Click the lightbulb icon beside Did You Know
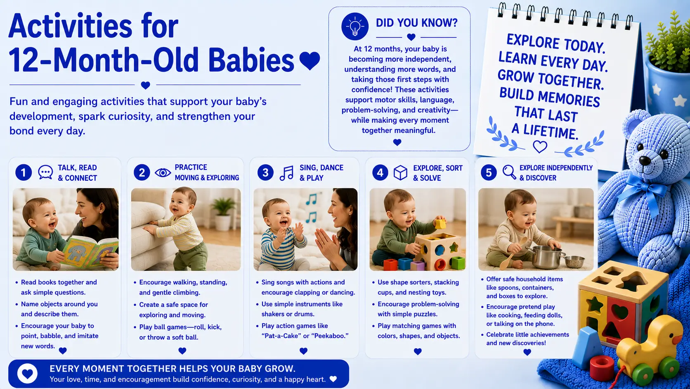click(x=355, y=26)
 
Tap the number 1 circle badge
click(x=24, y=172)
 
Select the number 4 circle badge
click(x=380, y=172)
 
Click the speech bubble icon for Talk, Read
click(x=45, y=172)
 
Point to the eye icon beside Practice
click(x=163, y=172)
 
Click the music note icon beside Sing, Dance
click(x=286, y=173)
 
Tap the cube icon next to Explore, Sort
click(x=400, y=172)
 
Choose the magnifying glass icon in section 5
click(x=509, y=172)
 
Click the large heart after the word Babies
click(x=310, y=60)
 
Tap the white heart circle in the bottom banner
click(x=27, y=374)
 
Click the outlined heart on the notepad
click(x=540, y=147)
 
